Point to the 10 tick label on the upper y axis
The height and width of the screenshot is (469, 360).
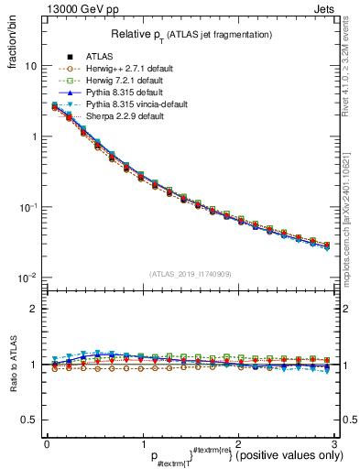point(29,66)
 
